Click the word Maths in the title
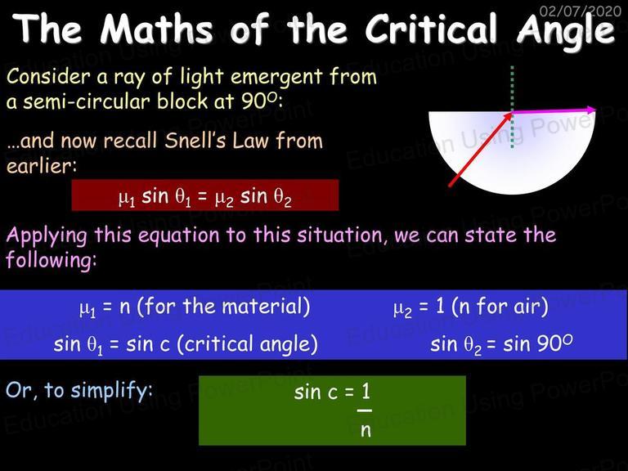(156, 29)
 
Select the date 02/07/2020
(581, 11)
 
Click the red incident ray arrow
(481, 150)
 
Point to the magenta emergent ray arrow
(554, 111)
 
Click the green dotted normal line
(512, 107)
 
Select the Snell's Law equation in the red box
(204, 197)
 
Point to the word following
(52, 260)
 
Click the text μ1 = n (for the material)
(195, 307)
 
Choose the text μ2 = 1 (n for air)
(471, 307)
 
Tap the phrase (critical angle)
(247, 344)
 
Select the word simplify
(110, 391)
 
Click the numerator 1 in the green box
(366, 391)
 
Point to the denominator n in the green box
(366, 431)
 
